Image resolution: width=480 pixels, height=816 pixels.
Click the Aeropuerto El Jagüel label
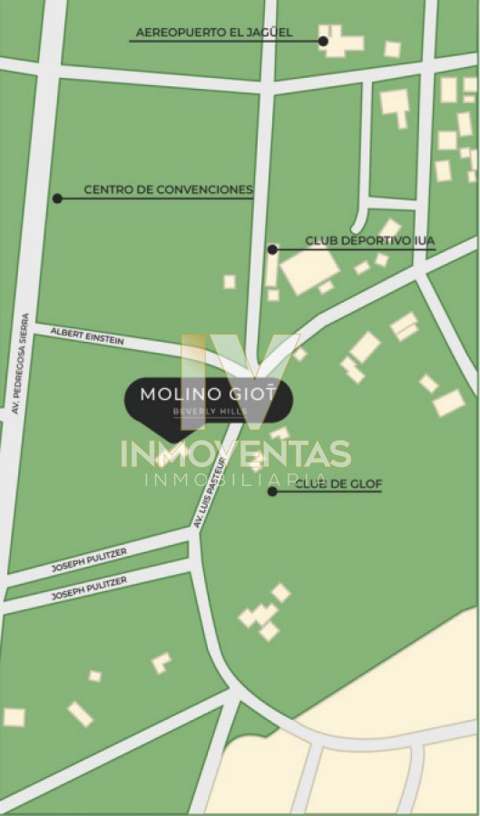coord(214,33)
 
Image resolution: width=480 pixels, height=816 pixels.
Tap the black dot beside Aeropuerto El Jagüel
coord(323,41)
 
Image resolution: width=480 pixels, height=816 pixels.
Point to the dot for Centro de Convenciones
coord(57,198)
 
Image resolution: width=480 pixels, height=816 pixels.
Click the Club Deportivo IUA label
coord(369,240)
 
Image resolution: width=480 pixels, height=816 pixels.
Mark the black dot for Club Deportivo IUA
coord(271,248)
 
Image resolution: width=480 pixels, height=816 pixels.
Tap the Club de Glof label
coord(338,484)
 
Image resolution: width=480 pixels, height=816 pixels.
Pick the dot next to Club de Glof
coord(271,491)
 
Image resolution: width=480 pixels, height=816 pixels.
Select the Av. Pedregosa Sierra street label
coord(21,364)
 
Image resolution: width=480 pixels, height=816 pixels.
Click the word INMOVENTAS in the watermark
coord(236,452)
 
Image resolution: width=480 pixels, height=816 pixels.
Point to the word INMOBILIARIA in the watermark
coord(236,479)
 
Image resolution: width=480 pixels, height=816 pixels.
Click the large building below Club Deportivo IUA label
coord(309,270)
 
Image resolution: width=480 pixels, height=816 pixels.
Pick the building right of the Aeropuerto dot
coord(343,42)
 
